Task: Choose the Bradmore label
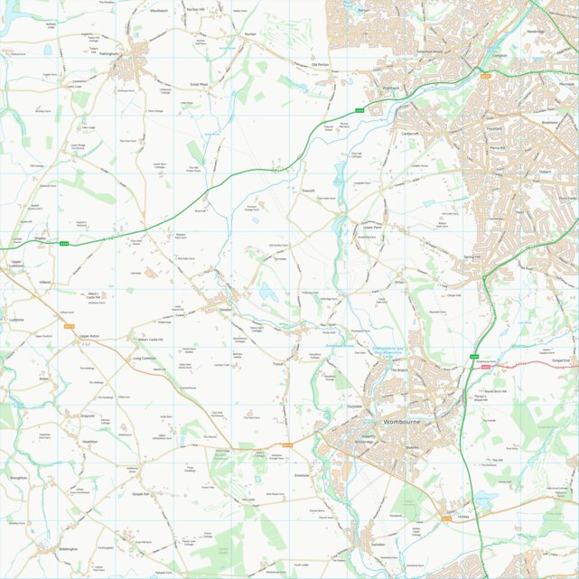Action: click(551, 120)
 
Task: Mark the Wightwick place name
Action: click(390, 88)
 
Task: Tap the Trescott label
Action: click(308, 191)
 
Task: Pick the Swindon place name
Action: click(377, 545)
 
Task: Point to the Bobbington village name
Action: click(68, 548)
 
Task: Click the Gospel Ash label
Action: click(139, 494)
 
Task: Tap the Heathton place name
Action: click(90, 442)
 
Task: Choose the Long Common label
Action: click(144, 358)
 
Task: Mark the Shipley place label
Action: click(40, 238)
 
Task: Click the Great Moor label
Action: click(199, 84)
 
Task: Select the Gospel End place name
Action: click(560, 360)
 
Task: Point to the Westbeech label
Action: click(159, 11)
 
